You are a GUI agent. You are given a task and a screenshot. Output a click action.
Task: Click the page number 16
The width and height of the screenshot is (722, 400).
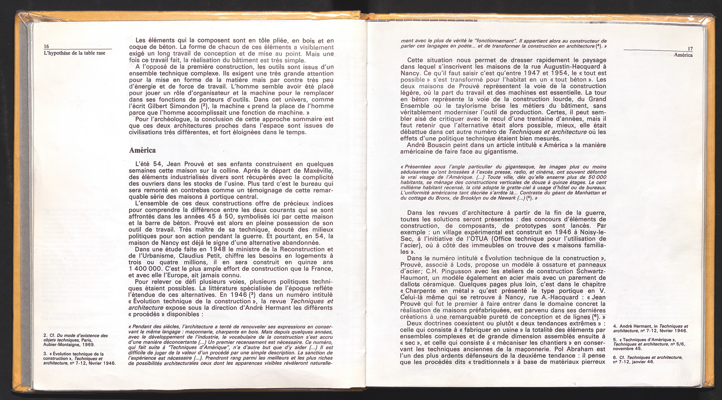(x=46, y=46)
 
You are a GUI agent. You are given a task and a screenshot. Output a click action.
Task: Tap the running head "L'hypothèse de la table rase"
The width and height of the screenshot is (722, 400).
(x=74, y=53)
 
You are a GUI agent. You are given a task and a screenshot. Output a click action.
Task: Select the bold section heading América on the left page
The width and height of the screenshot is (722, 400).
(x=142, y=150)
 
